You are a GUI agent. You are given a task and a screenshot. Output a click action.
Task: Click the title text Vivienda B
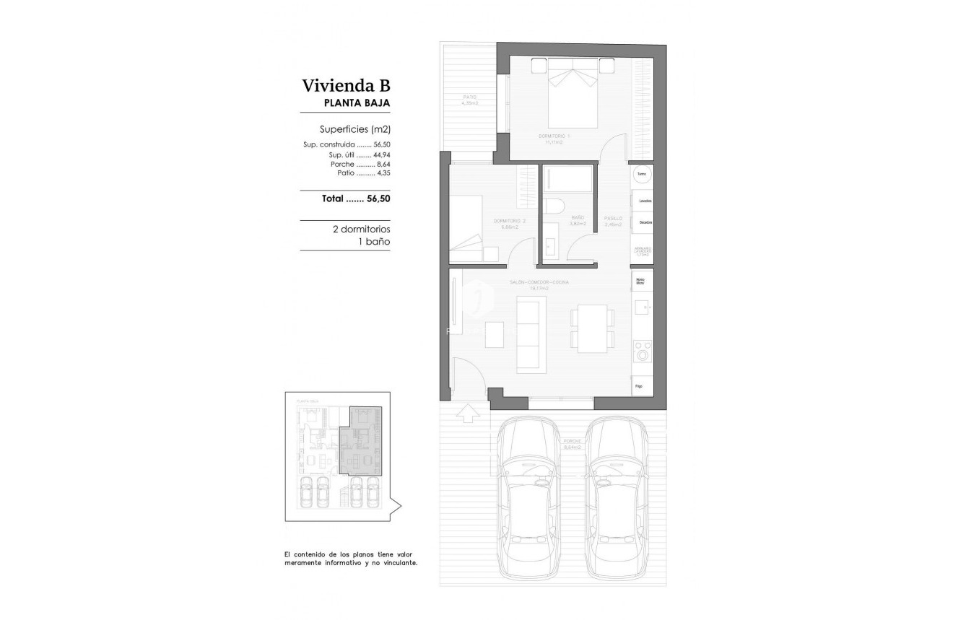tap(347, 86)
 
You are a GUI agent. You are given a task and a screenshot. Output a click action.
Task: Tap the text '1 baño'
tap(374, 242)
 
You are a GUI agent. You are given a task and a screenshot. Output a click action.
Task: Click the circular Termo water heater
tap(641, 174)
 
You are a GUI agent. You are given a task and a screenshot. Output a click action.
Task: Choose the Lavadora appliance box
tap(644, 200)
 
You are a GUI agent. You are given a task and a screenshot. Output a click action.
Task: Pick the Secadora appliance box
tap(644, 222)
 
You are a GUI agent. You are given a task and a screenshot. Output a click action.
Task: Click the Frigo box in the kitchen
tap(641, 385)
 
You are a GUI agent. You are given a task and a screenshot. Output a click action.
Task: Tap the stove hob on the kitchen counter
tap(641, 350)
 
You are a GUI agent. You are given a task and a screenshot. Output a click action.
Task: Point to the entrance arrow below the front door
tap(468, 413)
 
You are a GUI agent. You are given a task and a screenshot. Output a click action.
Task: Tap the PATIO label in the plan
tap(470, 98)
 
